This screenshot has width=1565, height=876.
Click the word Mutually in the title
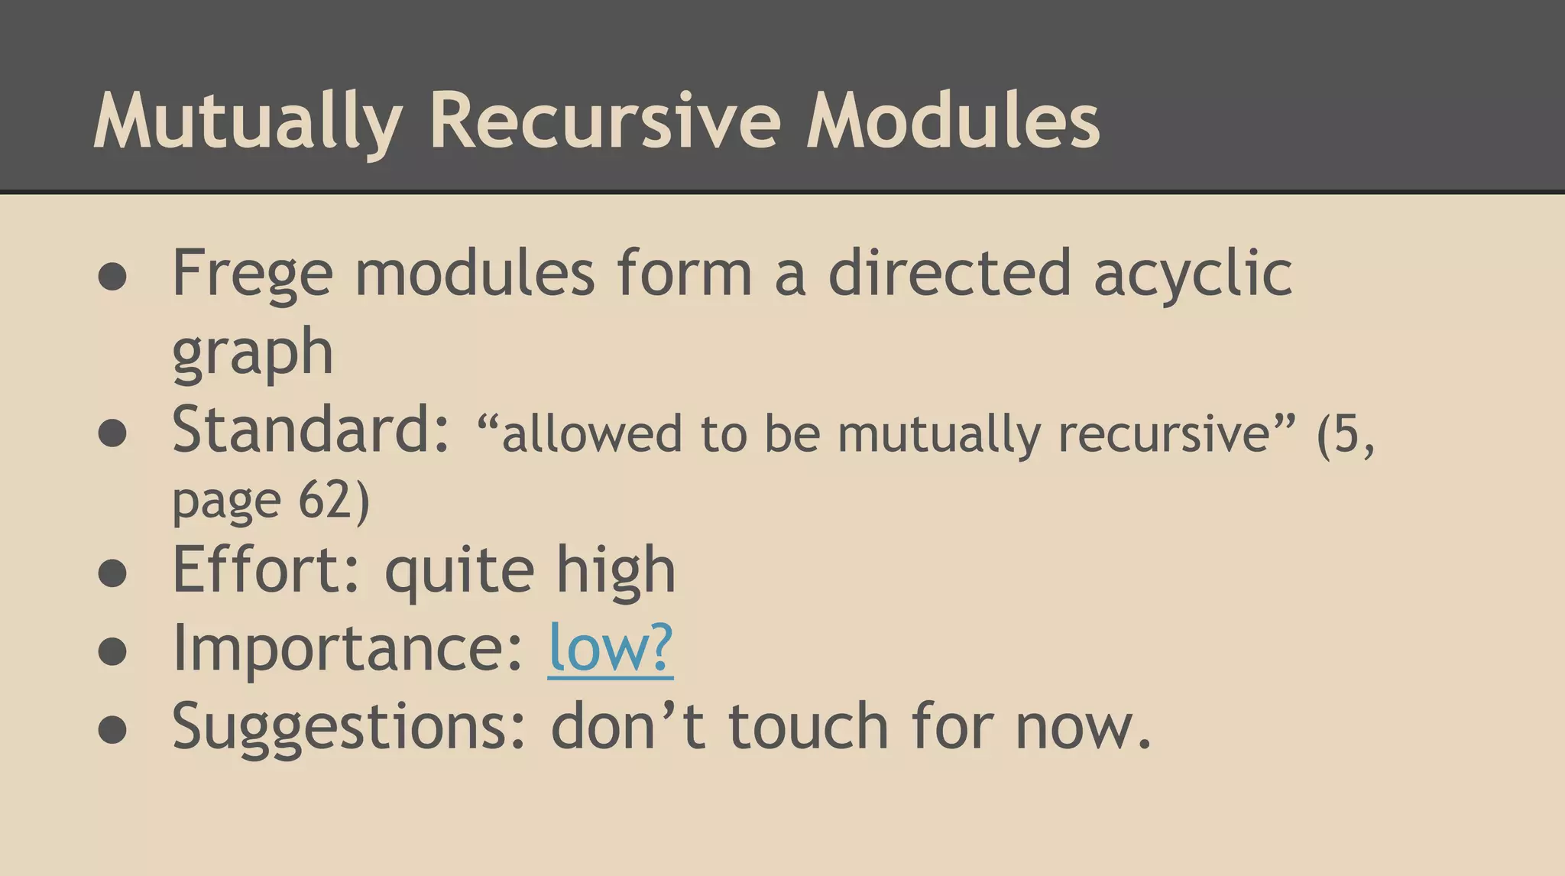point(248,121)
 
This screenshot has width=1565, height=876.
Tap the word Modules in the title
point(953,121)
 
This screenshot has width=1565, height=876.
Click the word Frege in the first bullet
point(252,274)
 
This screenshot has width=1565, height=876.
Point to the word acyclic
point(1193,274)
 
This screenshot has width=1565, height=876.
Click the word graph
point(252,353)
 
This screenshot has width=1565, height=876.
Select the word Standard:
point(311,430)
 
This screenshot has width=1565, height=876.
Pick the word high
point(616,569)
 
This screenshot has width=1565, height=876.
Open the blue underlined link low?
point(611,647)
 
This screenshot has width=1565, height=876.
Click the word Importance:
point(348,647)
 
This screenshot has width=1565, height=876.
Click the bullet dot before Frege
point(112,277)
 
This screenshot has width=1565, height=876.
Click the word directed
point(950,274)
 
